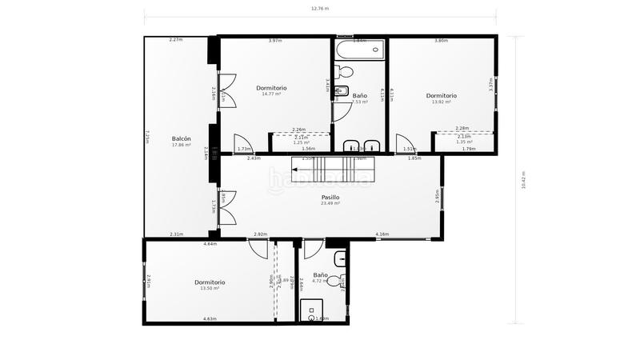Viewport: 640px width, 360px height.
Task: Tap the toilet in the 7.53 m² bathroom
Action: pos(342,90)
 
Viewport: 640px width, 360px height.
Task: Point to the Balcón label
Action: pos(181,138)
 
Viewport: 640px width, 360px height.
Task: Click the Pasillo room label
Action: pos(330,197)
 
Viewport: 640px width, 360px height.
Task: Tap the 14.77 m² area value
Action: pos(271,94)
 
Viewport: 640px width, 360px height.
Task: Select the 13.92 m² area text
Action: pos(441,102)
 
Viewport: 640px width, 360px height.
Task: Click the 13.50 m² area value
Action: pos(210,288)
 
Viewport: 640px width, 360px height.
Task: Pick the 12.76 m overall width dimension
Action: pos(320,8)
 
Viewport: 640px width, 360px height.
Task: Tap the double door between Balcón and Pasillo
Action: pos(226,207)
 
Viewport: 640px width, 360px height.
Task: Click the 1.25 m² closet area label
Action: pos(301,142)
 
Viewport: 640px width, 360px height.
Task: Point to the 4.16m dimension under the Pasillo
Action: pos(382,234)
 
